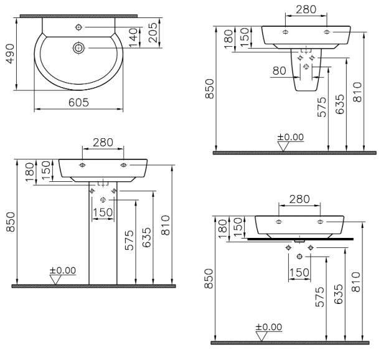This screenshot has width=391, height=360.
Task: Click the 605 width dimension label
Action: click(78, 102)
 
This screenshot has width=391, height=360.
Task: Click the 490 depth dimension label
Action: click(10, 54)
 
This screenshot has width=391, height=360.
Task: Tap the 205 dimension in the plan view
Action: click(153, 32)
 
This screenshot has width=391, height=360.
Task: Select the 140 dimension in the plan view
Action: click(133, 37)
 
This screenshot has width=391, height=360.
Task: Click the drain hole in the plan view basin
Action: click(79, 47)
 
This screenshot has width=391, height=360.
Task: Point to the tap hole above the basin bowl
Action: click(79, 27)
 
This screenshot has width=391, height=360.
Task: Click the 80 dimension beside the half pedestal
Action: click(280, 71)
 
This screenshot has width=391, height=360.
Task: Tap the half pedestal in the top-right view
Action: click(306, 70)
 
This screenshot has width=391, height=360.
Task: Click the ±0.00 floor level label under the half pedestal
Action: click(291, 137)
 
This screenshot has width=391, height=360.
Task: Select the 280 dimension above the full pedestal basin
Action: click(103, 143)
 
